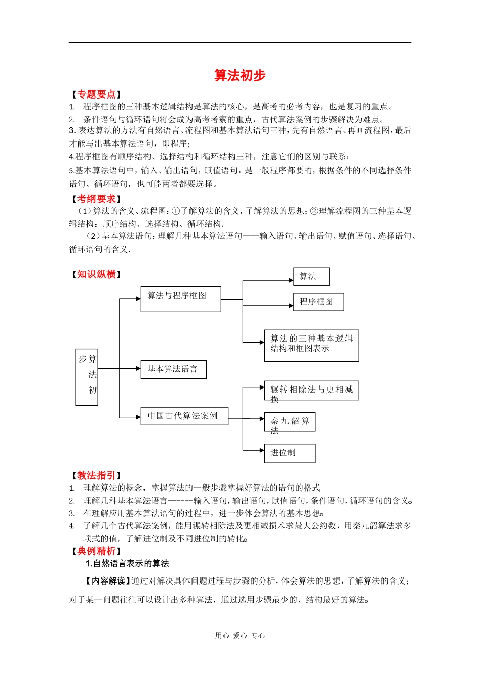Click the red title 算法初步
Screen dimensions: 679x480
(239, 75)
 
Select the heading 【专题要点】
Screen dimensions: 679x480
(96, 94)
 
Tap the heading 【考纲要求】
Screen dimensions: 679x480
(96, 199)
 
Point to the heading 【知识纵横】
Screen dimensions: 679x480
(96, 274)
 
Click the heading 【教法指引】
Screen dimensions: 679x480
(96, 475)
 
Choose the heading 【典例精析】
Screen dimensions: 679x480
(96, 551)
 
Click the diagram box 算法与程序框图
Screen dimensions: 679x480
(180, 299)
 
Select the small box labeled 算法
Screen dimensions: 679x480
(311, 276)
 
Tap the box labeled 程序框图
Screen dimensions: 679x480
(318, 302)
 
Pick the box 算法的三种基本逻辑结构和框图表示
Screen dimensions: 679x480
(311, 346)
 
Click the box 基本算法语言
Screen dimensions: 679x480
(173, 369)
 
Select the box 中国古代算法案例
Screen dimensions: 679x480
(184, 416)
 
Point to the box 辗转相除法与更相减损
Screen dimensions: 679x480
(311, 391)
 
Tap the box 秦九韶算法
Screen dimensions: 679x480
(290, 422)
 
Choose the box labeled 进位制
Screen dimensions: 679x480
(290, 453)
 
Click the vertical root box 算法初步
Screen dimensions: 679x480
(86, 377)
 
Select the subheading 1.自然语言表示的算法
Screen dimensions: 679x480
(127, 564)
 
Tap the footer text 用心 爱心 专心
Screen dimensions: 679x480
(240, 636)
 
